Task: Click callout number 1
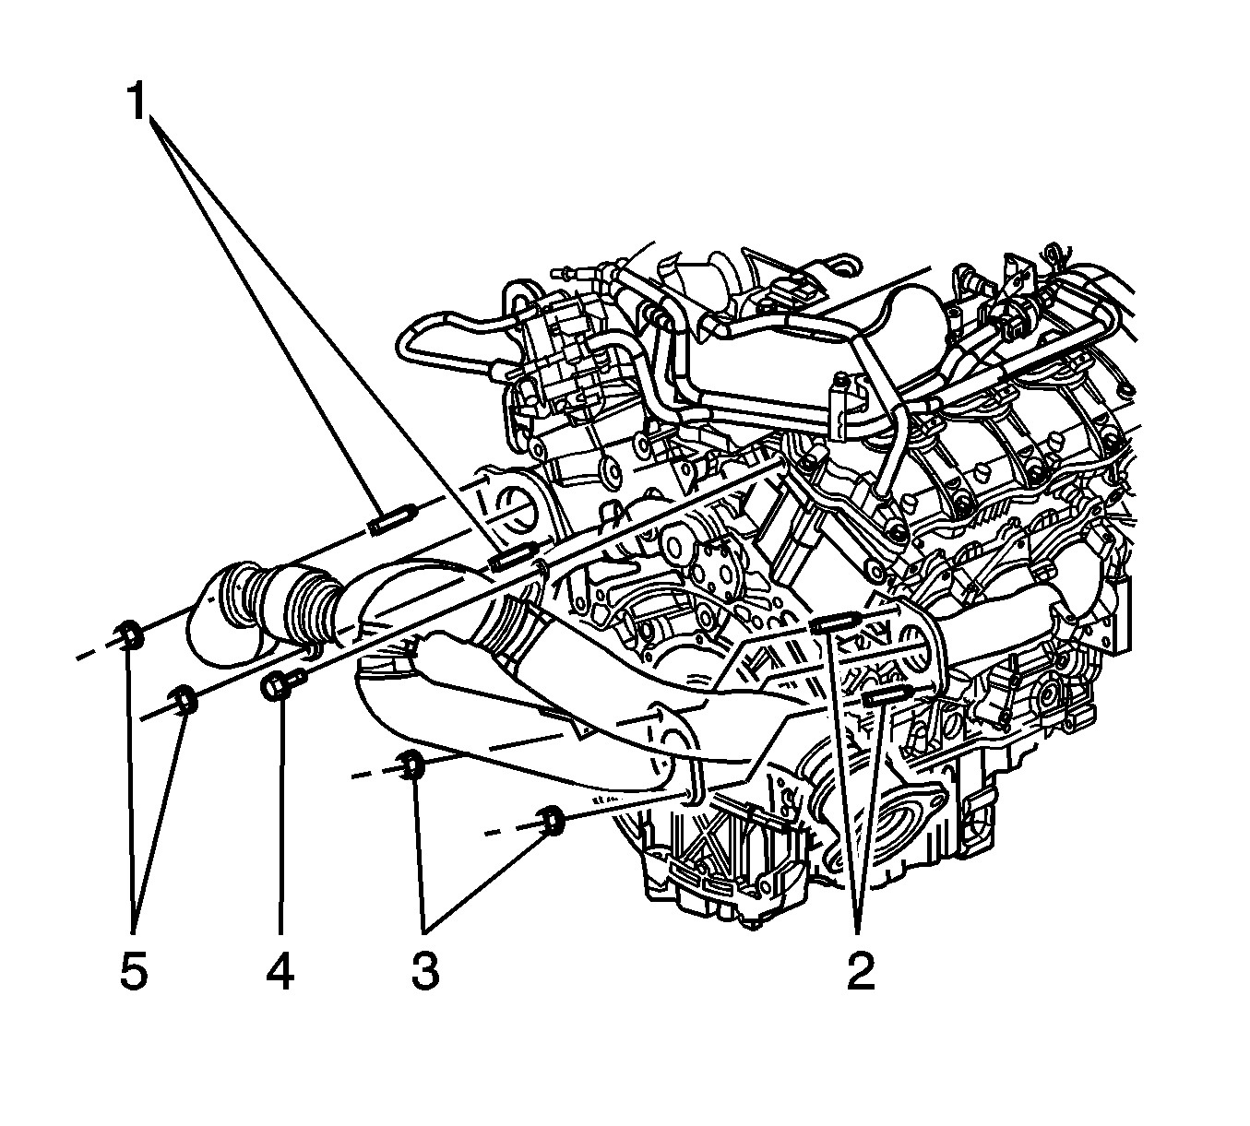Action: (x=137, y=101)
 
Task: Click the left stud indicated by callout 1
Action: (x=393, y=518)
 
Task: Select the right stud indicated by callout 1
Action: (x=512, y=557)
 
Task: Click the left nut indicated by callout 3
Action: (x=411, y=764)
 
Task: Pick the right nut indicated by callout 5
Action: (x=184, y=700)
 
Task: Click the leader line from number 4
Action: (x=282, y=817)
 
